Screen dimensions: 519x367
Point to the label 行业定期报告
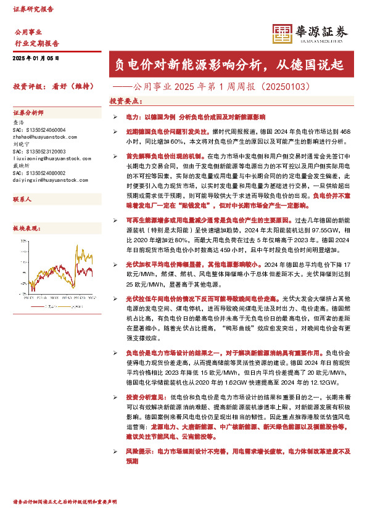(36, 44)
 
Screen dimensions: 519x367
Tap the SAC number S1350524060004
(43, 130)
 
